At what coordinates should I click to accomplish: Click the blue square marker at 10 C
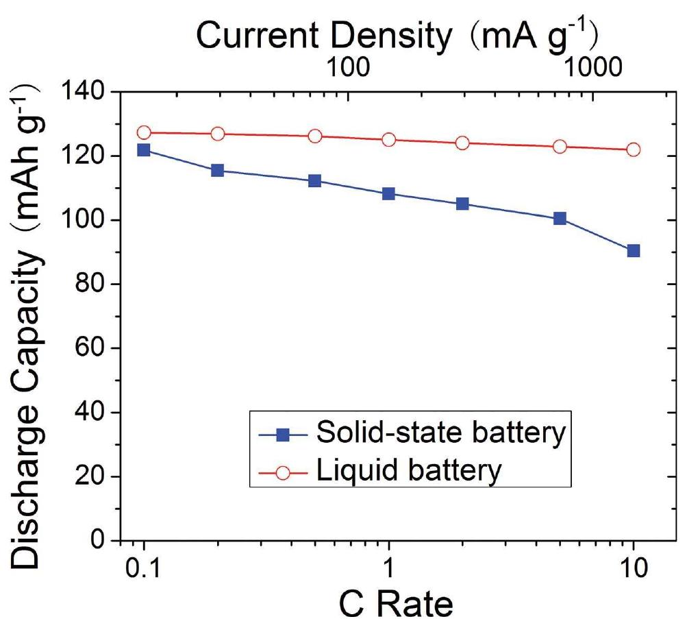[634, 251]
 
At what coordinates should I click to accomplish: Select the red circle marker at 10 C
[634, 149]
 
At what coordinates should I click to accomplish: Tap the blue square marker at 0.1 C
[144, 150]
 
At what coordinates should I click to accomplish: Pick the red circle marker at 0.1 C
[144, 132]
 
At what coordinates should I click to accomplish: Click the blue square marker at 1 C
[389, 194]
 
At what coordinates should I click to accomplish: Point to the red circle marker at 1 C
[389, 140]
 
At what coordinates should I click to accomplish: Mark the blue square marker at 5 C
[560, 219]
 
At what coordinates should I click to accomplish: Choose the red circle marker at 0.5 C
[315, 136]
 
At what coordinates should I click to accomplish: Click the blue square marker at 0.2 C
[218, 170]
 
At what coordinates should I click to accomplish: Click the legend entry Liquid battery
[411, 471]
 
